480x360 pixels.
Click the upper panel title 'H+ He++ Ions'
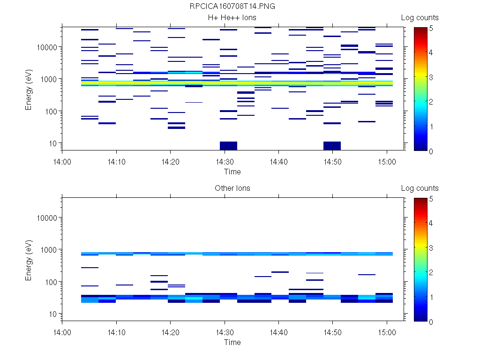pyautogui.click(x=232, y=18)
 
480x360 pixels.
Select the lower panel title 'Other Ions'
pyautogui.click(x=232, y=188)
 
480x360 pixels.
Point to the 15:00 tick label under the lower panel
pyautogui.click(x=387, y=332)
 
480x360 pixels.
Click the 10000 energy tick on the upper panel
pyautogui.click(x=46, y=47)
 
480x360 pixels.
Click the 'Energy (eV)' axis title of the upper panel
pyautogui.click(x=29, y=89)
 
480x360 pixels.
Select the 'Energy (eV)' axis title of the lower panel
pyautogui.click(x=29, y=260)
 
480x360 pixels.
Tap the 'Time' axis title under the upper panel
pyautogui.click(x=232, y=172)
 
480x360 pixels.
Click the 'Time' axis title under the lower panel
pyautogui.click(x=232, y=342)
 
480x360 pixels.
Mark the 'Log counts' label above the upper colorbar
pyautogui.click(x=420, y=18)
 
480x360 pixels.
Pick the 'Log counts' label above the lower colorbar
pyautogui.click(x=420, y=188)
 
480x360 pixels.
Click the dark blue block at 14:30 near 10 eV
pyautogui.click(x=228, y=146)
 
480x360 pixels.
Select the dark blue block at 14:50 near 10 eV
pyautogui.click(x=332, y=146)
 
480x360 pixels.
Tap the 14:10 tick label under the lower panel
pyautogui.click(x=116, y=332)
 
